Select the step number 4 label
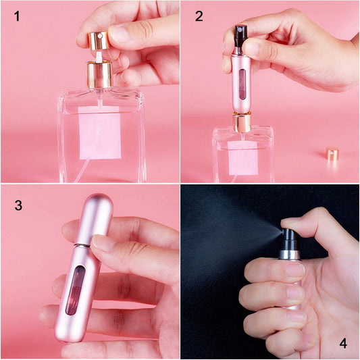[342, 343]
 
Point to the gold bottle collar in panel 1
[99, 75]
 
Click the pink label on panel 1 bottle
[99, 132]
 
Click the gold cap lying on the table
[332, 153]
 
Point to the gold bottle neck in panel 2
[242, 122]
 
